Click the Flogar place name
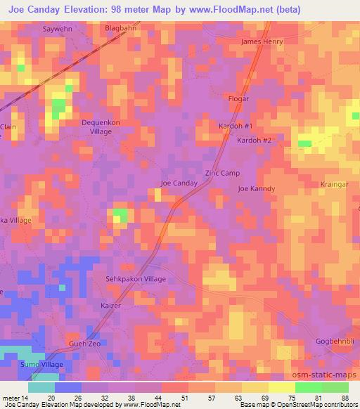239,99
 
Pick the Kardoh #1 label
236,126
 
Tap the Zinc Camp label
222,173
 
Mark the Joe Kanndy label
256,188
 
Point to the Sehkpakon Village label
136,279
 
